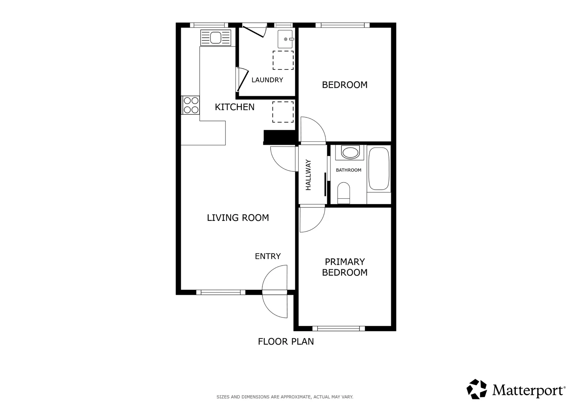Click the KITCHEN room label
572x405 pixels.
[x=234, y=107]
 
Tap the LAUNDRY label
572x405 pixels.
[x=267, y=80]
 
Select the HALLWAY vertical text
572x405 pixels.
[x=308, y=175]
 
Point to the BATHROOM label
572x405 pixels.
[x=348, y=170]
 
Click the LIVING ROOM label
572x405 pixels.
[x=238, y=218]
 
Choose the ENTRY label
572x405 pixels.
[x=268, y=256]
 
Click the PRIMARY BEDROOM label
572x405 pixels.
[x=344, y=267]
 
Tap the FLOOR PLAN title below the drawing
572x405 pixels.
[x=286, y=342]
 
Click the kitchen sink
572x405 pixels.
[x=216, y=37]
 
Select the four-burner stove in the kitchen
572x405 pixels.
[x=191, y=105]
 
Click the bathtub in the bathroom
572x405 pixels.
[x=379, y=169]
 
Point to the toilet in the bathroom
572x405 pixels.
[x=343, y=193]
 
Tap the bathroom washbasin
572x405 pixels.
[x=350, y=152]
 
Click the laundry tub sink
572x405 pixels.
[x=285, y=39]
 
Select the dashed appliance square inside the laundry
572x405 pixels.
[x=283, y=60]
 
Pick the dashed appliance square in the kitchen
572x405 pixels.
[x=283, y=112]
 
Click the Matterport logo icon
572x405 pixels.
[x=477, y=389]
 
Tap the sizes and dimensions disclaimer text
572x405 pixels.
[x=285, y=397]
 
